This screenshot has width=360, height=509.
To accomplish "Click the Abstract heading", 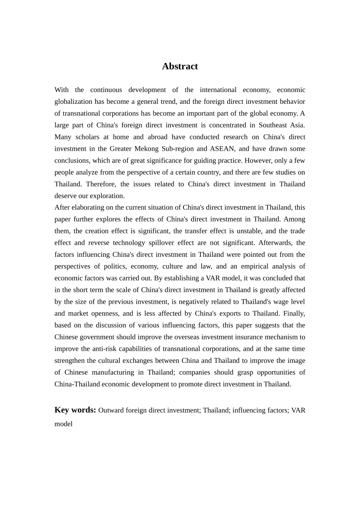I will (x=180, y=66).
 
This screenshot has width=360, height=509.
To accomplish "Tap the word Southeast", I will (x=273, y=125).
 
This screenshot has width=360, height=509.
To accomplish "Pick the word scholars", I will (x=87, y=137).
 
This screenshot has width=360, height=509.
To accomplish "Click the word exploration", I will (x=107, y=196).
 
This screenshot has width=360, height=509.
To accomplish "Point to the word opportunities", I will (x=275, y=372).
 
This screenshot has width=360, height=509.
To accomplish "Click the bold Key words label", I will (x=75, y=410).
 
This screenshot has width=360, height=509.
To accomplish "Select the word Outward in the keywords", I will (x=111, y=410).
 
